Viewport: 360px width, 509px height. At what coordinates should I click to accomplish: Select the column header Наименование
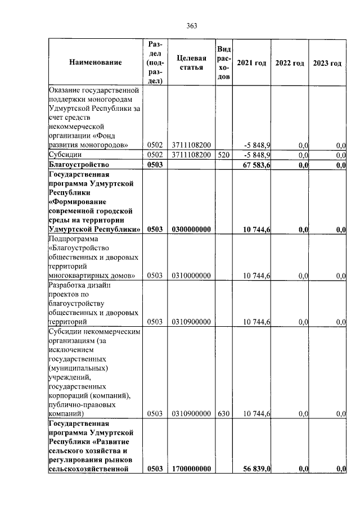pyautogui.click(x=95, y=62)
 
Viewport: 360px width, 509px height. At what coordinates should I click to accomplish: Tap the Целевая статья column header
pyautogui.click(x=191, y=62)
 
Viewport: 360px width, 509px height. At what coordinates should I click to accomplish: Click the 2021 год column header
pyautogui.click(x=251, y=62)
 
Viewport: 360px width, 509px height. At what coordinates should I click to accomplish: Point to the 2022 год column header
pyautogui.click(x=290, y=62)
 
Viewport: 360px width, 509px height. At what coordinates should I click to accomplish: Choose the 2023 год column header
pyautogui.click(x=327, y=62)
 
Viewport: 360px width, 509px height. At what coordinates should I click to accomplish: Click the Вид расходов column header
pyautogui.click(x=223, y=62)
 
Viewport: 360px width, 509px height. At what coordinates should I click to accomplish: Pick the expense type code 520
pyautogui.click(x=223, y=155)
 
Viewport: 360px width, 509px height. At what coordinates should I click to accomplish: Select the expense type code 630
pyautogui.click(x=223, y=414)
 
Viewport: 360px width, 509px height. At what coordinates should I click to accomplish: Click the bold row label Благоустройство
pyautogui.click(x=79, y=165)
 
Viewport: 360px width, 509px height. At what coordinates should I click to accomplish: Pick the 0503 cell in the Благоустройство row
pyautogui.click(x=155, y=165)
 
